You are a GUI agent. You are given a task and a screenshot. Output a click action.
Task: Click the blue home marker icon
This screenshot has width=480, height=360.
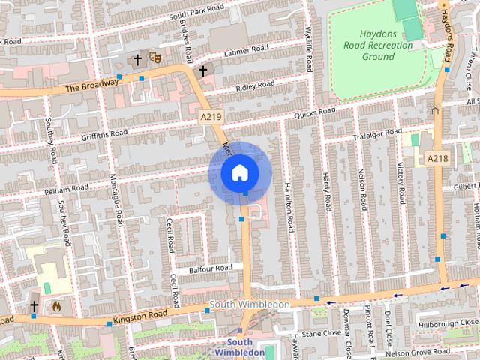(x=239, y=172)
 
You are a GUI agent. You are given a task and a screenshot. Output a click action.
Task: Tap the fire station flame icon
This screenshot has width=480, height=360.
(x=56, y=305)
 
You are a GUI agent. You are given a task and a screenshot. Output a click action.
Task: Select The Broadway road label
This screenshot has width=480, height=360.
(x=91, y=85)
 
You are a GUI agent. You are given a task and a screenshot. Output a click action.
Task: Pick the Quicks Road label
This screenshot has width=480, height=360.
(x=315, y=112)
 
